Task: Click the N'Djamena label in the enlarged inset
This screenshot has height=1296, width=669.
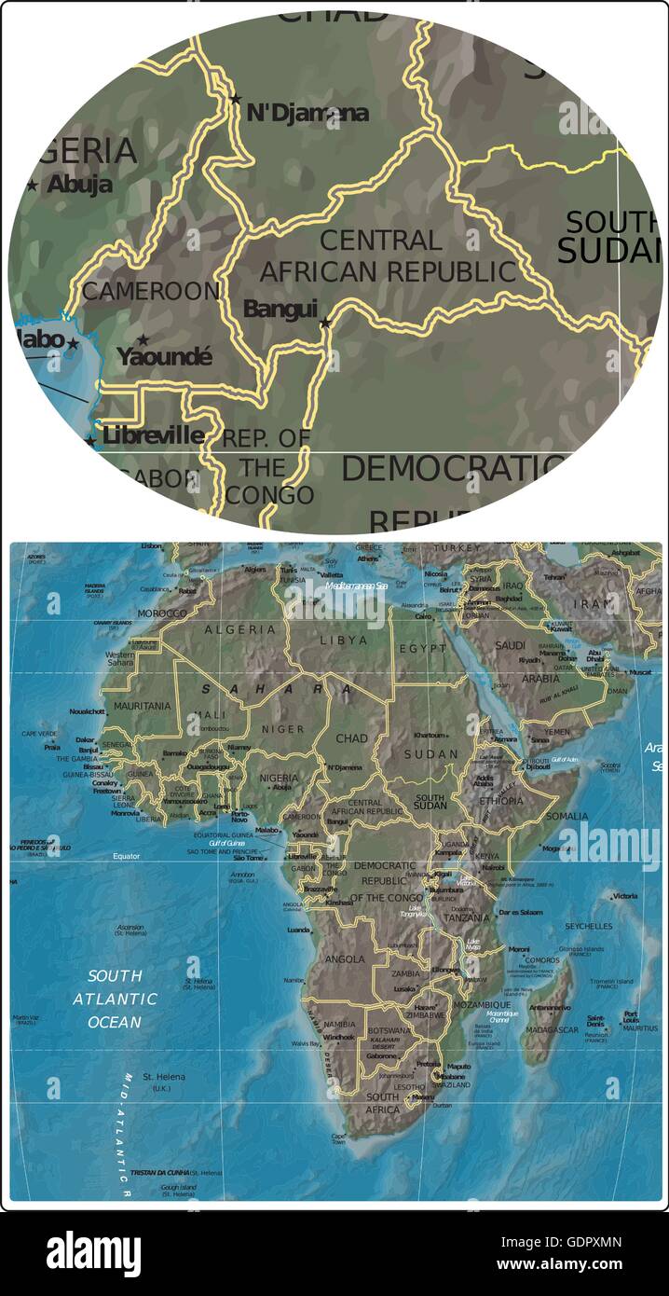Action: [x=307, y=114]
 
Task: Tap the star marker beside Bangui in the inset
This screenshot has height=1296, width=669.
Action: [x=324, y=323]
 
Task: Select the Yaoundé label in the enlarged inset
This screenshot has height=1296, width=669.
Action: [x=164, y=356]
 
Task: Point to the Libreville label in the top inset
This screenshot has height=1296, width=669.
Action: [x=153, y=435]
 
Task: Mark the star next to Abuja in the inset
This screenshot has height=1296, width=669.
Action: [x=33, y=186]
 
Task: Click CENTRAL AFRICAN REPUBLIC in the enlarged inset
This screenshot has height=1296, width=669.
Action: [x=387, y=256]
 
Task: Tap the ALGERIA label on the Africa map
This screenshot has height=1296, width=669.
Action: [x=241, y=630]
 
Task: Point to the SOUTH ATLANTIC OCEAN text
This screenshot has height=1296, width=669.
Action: [x=116, y=999]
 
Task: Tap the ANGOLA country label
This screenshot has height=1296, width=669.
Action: [x=345, y=958]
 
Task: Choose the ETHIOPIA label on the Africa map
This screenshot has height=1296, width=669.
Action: [x=501, y=800]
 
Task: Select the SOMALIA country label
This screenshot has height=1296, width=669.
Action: [x=567, y=816]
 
